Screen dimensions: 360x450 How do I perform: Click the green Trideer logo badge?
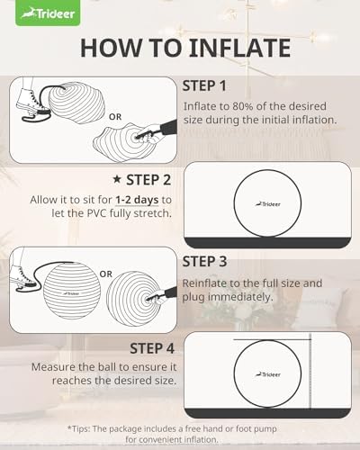48,13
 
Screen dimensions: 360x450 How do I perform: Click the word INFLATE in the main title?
240,48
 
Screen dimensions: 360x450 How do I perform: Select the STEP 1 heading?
204,86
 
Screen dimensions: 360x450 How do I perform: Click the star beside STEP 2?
117,179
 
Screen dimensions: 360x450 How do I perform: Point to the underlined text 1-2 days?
137,200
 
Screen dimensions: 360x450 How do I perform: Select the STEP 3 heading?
204,262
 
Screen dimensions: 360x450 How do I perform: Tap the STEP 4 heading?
152,348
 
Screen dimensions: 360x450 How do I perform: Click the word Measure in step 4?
53,367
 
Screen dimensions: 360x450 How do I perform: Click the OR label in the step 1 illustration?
115,117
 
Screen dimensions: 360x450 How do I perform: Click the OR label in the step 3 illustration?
105,274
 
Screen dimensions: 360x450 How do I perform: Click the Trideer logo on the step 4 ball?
268,374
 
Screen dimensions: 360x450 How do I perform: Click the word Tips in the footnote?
79,428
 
